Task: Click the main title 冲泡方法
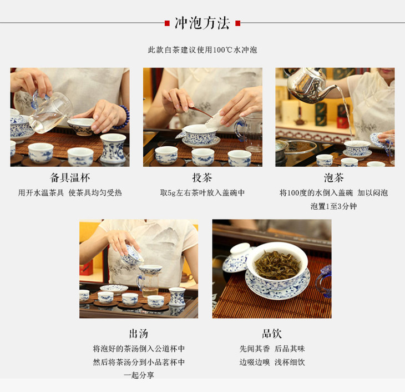tap(202, 23)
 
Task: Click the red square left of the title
tap(167, 23)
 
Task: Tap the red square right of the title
tap(238, 23)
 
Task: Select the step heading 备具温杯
tap(70, 178)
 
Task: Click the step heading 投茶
tap(202, 178)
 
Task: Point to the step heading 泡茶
tap(334, 178)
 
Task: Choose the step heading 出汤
tap(139, 334)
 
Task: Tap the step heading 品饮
tap(272, 334)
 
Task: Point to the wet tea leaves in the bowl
tap(277, 265)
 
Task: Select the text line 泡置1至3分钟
tap(334, 206)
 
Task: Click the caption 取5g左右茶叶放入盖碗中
tap(202, 193)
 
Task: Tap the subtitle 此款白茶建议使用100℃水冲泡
tap(202, 49)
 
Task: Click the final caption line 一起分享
tap(139, 375)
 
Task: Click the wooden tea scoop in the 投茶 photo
tap(199, 112)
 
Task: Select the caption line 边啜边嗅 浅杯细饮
tap(272, 362)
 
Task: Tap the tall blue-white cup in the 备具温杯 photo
tap(113, 148)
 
